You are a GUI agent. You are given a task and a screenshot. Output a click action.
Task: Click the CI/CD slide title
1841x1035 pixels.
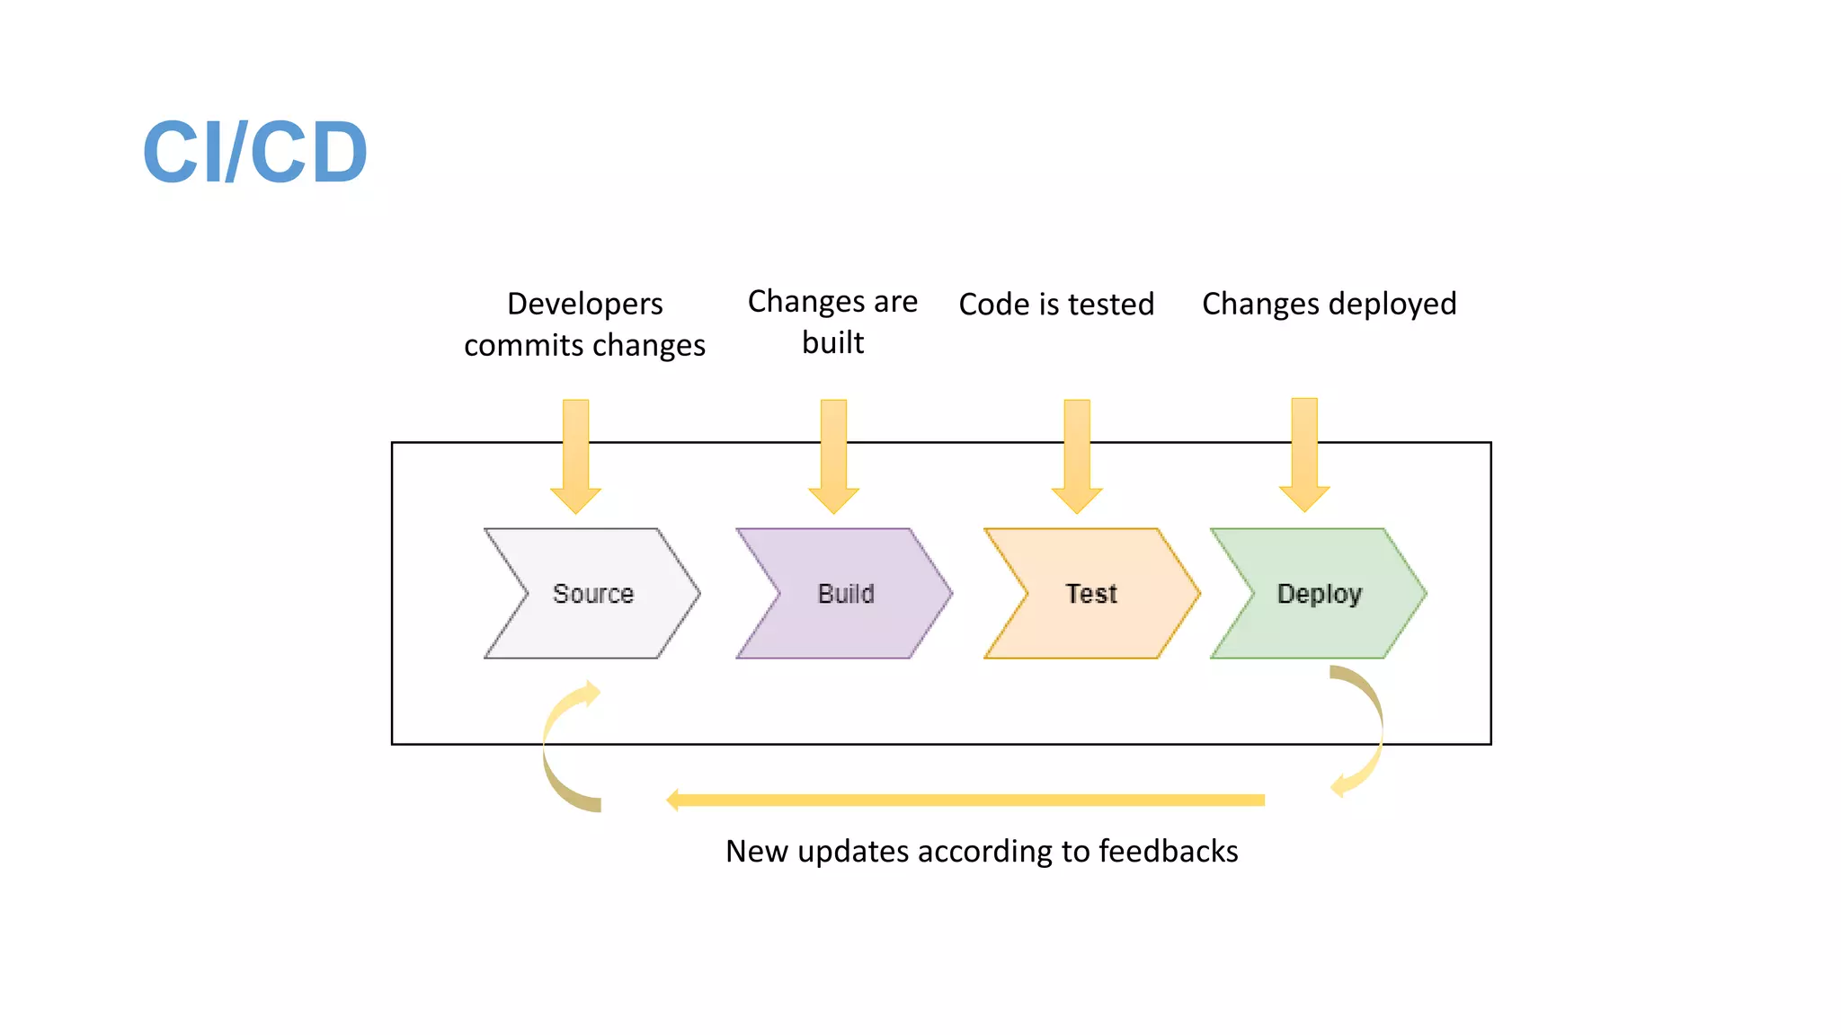pyautogui.click(x=255, y=152)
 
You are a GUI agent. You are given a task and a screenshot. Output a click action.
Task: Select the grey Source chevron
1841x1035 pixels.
pyautogui.click(x=592, y=594)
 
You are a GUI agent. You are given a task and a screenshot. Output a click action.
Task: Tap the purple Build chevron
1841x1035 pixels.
pyautogui.click(x=845, y=594)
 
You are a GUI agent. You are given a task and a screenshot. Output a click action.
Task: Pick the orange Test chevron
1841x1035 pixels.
pyautogui.click(x=1091, y=594)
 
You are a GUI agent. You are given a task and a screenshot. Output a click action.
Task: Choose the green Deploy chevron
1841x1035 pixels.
pyautogui.click(x=1319, y=594)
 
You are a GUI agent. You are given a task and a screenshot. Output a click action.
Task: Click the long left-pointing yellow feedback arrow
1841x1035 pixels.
pyautogui.click(x=965, y=800)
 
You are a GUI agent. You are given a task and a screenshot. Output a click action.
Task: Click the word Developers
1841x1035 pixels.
pyautogui.click(x=585, y=304)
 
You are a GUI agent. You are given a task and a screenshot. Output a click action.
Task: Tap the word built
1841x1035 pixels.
pyautogui.click(x=832, y=342)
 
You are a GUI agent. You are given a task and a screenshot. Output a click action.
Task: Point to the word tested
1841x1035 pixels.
pyautogui.click(x=1110, y=304)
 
